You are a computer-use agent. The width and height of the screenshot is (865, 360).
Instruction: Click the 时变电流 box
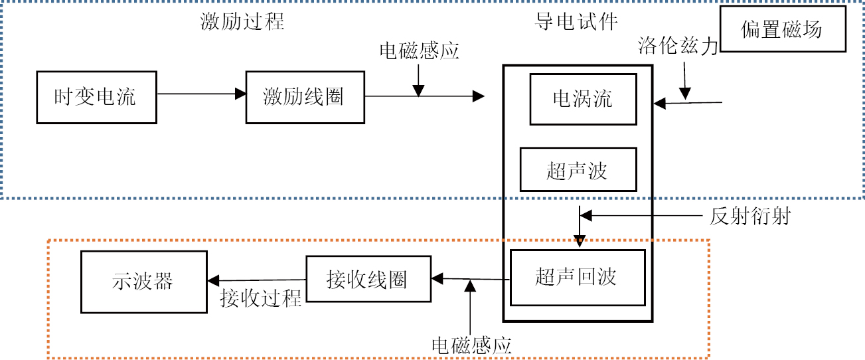pyautogui.click(x=96, y=97)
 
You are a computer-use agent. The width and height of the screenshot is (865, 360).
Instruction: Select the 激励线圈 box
pyautogui.click(x=305, y=97)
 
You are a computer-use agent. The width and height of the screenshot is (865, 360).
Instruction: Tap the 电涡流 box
pyautogui.click(x=583, y=99)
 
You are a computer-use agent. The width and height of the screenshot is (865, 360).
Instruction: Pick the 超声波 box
pyautogui.click(x=578, y=170)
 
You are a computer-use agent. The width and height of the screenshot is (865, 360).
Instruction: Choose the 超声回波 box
pyautogui.click(x=577, y=277)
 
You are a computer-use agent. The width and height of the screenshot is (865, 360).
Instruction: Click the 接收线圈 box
pyautogui.click(x=367, y=280)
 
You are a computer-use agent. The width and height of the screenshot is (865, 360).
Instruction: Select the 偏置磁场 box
pyautogui.click(x=783, y=29)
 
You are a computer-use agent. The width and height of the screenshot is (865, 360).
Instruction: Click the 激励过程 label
pyautogui.click(x=242, y=21)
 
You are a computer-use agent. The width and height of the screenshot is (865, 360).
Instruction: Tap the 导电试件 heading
pyautogui.click(x=576, y=21)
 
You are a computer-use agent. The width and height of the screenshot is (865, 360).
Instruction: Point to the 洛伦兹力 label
pyautogui.click(x=678, y=46)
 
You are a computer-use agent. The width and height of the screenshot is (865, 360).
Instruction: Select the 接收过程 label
pyautogui.click(x=261, y=299)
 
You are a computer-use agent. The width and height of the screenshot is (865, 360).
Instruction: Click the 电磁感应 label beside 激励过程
pyautogui.click(x=420, y=51)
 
